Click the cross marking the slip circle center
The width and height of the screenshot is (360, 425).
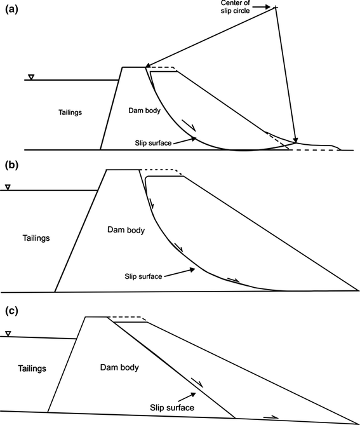pyautogui.click(x=276, y=7)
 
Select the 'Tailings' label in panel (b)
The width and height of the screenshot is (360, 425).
pyautogui.click(x=32, y=238)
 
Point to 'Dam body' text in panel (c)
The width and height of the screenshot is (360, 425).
pyautogui.click(x=119, y=367)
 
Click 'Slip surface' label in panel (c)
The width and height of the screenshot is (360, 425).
pyautogui.click(x=172, y=407)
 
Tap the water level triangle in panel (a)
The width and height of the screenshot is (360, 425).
pyautogui.click(x=31, y=78)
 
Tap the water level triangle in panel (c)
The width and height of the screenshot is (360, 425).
pyautogui.click(x=8, y=334)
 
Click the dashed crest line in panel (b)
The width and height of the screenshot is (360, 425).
pyautogui.click(x=160, y=170)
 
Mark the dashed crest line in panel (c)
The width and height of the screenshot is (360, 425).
pyautogui.click(x=127, y=317)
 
